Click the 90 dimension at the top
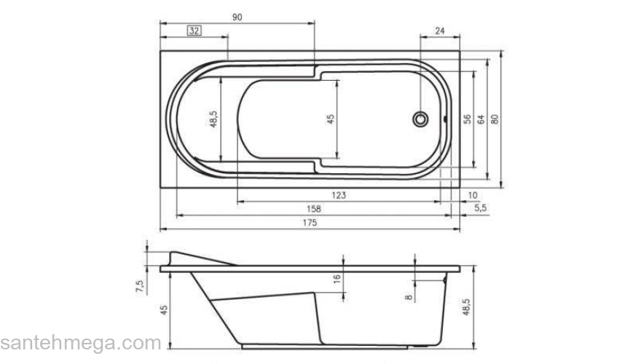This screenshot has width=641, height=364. (237, 17)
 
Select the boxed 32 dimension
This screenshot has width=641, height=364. (194, 31)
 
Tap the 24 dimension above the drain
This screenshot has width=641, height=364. (439, 31)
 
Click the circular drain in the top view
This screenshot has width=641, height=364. (420, 118)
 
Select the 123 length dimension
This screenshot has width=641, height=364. (339, 195)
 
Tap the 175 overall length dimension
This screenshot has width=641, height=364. (310, 223)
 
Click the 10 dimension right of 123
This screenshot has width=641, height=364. (473, 195)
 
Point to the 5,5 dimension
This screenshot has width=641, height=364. (480, 208)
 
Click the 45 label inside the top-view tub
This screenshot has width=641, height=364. (330, 119)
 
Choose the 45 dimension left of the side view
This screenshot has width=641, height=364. (164, 309)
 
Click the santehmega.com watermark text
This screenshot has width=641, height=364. (80, 343)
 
